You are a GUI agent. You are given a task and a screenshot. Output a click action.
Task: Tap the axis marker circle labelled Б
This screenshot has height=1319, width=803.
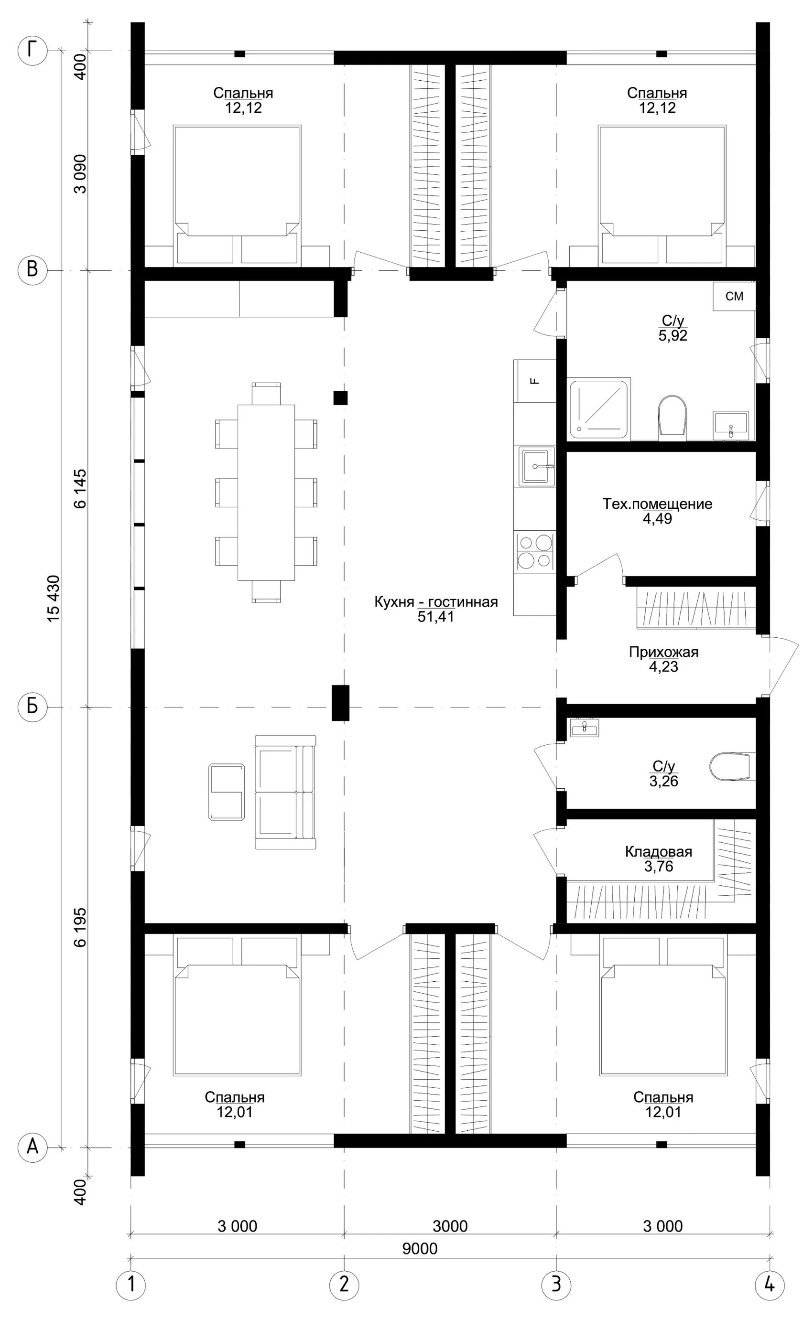point(32,707)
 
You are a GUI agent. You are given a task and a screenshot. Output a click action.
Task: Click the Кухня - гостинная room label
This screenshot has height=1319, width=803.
point(436,601)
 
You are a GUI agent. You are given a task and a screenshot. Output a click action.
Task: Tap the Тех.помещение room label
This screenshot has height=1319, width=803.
point(657,504)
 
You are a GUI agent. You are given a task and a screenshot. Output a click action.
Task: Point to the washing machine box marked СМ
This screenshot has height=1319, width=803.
point(734,296)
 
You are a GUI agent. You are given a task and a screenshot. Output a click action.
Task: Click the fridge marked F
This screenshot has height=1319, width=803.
point(535,381)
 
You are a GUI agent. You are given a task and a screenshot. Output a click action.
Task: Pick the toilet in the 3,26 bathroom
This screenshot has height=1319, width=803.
point(728,767)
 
